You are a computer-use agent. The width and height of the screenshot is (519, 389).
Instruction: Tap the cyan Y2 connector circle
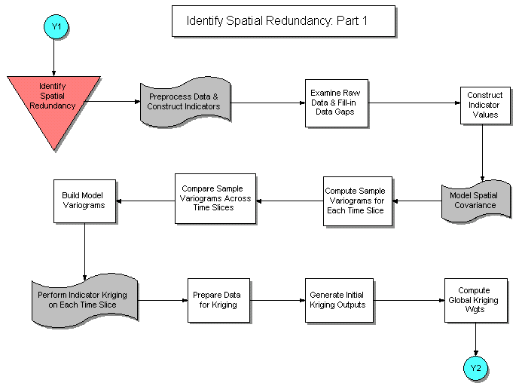[475, 368]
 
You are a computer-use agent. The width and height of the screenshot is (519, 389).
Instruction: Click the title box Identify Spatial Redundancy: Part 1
[282, 21]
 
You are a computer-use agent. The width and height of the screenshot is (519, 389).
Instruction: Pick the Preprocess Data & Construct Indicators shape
[183, 101]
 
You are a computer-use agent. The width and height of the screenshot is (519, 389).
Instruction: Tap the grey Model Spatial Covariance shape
[473, 201]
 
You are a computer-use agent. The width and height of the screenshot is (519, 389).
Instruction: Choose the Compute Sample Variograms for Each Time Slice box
[354, 201]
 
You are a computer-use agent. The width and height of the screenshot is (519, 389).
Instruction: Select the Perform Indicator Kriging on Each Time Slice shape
[84, 300]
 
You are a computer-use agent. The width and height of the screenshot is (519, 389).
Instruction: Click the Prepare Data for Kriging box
[218, 300]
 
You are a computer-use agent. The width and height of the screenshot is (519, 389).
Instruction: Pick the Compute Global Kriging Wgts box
[474, 300]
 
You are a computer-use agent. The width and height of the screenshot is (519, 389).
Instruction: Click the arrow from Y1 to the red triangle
[54, 57]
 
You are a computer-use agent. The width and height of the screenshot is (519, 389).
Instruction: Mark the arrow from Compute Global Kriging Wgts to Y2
[475, 338]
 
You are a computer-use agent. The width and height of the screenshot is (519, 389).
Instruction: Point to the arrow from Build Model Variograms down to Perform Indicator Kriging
[85, 251]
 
